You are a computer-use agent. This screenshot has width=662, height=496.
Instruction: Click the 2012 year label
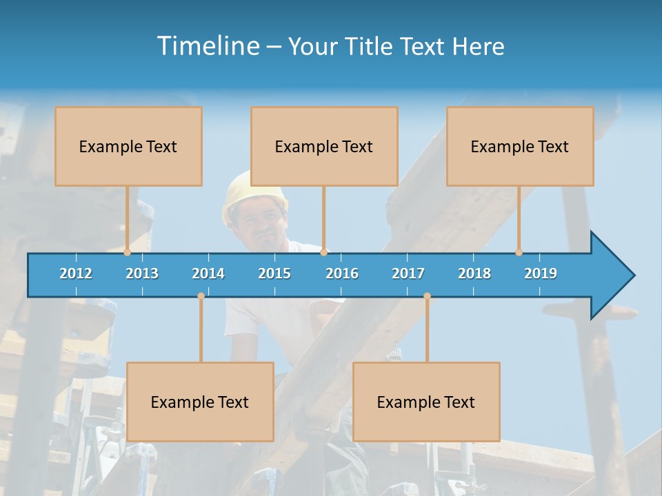(76, 273)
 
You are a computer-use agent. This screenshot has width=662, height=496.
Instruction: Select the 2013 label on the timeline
(142, 273)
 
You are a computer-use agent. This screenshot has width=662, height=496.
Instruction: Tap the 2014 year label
(208, 273)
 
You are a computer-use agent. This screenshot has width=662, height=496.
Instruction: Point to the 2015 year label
(274, 273)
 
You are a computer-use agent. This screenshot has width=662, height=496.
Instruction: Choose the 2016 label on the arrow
(342, 273)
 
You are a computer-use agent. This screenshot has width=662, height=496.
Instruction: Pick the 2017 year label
(408, 273)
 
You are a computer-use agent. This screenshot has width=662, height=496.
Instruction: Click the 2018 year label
(474, 273)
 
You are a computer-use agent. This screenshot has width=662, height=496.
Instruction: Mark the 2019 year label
(541, 273)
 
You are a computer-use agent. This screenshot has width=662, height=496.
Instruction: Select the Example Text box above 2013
(128, 146)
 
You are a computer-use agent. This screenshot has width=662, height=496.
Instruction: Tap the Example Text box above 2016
(324, 146)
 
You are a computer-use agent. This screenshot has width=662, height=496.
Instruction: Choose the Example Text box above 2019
(520, 146)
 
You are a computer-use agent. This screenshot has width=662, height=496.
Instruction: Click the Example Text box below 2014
(200, 402)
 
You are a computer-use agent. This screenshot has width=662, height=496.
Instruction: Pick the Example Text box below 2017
(426, 402)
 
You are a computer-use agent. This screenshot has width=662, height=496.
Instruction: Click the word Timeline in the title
(208, 46)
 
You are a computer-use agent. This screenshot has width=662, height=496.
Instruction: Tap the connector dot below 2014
(201, 296)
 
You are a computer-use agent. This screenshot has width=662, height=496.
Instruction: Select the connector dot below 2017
(427, 296)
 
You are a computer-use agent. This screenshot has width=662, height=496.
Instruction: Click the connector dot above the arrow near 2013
(127, 253)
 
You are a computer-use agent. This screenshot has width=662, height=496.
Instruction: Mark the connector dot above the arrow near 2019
(519, 253)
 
